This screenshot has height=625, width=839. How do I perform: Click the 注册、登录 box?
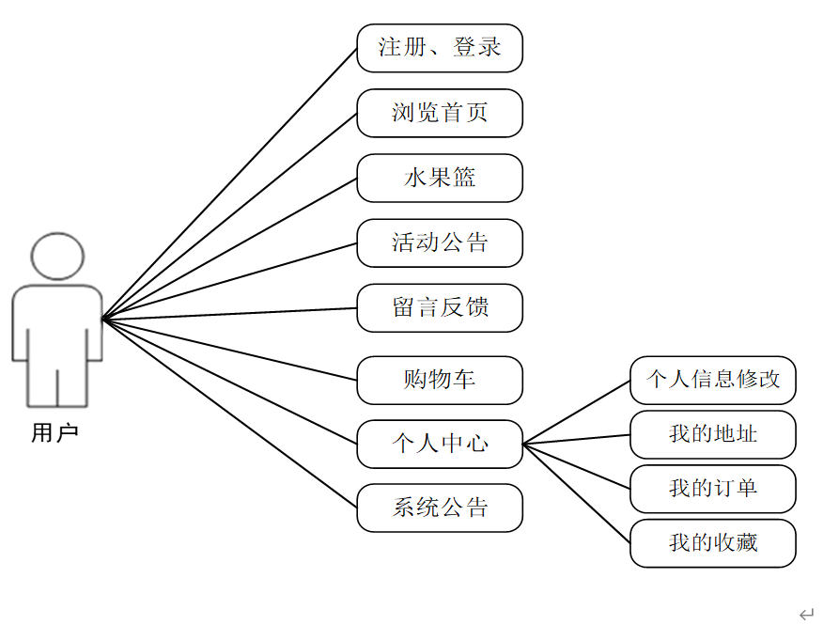point(439,48)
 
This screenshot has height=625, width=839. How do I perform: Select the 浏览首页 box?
point(439,113)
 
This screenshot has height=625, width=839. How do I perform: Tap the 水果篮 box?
point(439,178)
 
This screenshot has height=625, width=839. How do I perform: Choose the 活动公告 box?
point(439,242)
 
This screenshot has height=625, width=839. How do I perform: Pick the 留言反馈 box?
point(439,307)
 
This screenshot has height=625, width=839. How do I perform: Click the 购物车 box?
point(439,380)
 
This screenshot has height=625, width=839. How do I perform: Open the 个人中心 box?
point(439,444)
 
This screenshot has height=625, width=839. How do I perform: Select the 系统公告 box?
point(439,508)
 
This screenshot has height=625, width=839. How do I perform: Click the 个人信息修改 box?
point(712,380)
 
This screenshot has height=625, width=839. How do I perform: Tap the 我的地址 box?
point(712,434)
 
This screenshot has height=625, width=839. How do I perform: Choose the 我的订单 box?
point(712,489)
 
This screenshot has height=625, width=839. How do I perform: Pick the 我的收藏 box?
point(712,543)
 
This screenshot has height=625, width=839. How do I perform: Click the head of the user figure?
point(57,258)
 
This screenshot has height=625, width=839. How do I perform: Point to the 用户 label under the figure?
point(54,433)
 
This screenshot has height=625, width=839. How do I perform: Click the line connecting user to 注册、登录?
point(229,184)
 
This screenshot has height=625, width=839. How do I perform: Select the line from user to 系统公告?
point(229,414)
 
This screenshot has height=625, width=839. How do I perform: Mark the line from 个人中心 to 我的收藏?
point(576,493)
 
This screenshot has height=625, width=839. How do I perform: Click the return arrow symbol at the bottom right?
point(806,614)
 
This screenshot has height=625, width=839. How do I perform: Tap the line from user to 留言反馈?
point(229,314)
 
